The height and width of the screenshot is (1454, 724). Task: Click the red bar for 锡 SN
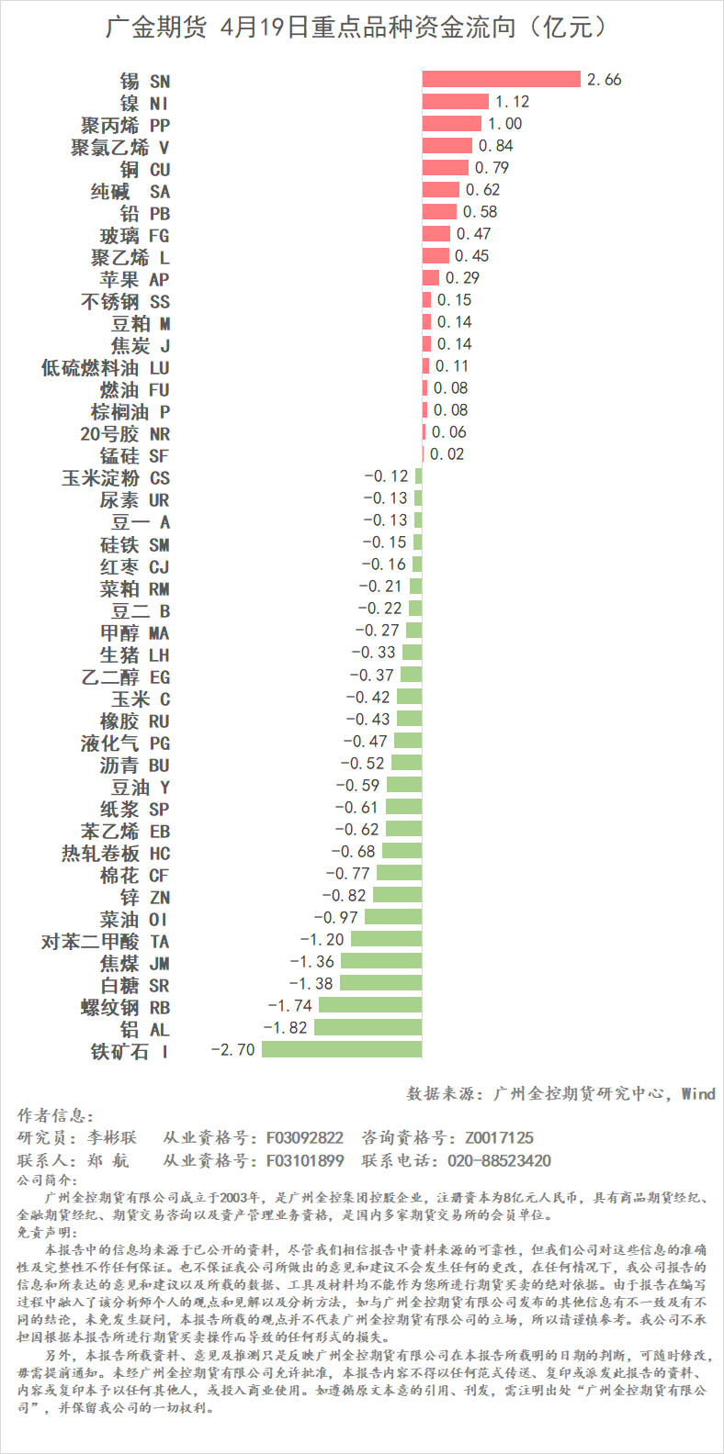coord(502,80)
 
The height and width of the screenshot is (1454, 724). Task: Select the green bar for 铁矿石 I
coord(342,1049)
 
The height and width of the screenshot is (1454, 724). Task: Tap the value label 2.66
coord(605,80)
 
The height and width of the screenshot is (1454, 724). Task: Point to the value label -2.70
coord(233,1049)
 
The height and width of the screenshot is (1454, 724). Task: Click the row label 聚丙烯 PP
coord(125,125)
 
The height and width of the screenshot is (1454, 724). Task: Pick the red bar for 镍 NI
coord(456,102)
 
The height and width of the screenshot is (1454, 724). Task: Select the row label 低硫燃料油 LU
coord(106,368)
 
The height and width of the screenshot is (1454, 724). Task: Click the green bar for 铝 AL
coord(368,1027)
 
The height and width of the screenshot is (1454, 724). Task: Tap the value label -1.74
coord(290,1005)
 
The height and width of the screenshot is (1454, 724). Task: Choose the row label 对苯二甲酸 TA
coord(106,942)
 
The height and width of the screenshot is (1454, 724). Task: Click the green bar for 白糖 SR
coord(379,983)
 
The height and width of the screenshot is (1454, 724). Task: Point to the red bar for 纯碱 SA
coord(441,190)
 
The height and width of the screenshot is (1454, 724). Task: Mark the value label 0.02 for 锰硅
coord(447,454)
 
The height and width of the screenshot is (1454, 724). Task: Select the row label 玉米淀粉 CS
coord(116,478)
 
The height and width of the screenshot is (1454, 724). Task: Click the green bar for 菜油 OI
coord(393,917)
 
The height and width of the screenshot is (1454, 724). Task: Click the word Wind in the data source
coord(698,1093)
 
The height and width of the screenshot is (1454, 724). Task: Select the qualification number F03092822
coord(305,1138)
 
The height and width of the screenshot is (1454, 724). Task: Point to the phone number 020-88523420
coord(499,1160)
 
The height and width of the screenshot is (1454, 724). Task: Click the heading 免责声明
coord(48,1233)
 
